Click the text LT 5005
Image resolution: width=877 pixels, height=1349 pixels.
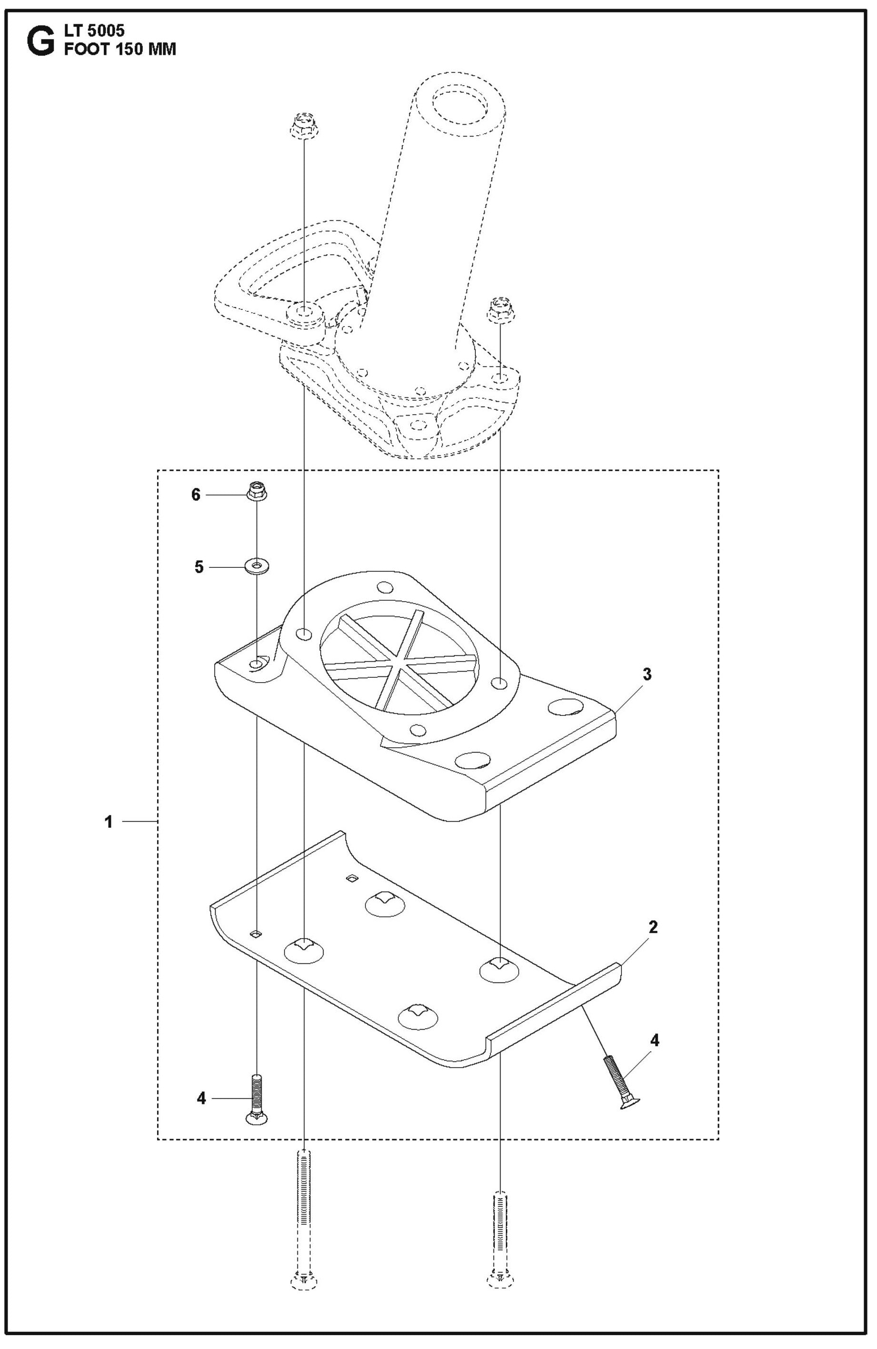94,30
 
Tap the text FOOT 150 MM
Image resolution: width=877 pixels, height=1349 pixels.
119,50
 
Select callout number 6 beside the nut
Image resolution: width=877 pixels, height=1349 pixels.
196,495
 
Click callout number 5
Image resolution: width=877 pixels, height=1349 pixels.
199,567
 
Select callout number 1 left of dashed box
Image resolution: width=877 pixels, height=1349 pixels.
109,821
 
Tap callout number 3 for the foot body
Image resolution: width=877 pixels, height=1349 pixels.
647,674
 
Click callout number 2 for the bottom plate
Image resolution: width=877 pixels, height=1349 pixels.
653,927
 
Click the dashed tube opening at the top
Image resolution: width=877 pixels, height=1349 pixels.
461,106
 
